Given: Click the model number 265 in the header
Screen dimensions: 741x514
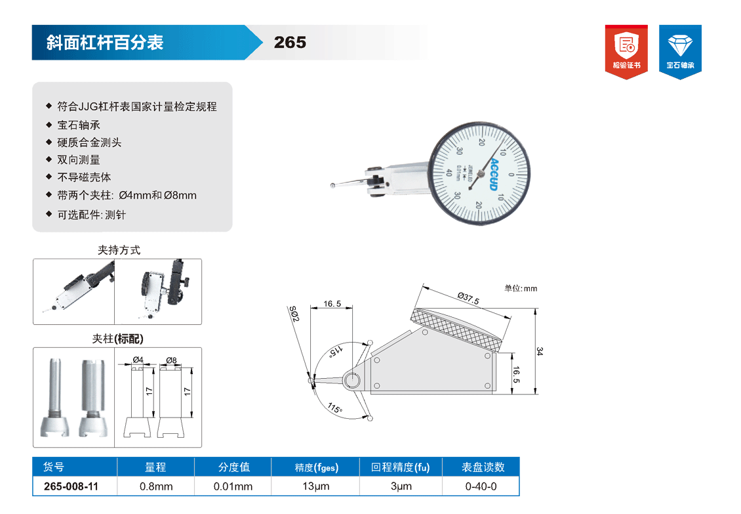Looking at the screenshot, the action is coord(290,43).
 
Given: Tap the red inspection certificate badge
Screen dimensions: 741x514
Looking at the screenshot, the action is coord(626,52).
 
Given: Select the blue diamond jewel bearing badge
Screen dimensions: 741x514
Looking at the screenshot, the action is coord(680,52).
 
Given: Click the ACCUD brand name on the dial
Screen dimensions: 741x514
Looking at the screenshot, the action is coord(494,174).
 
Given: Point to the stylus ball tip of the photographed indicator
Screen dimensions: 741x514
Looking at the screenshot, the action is coord(332,186).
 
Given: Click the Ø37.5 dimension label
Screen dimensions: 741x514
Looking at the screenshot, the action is coord(468,298).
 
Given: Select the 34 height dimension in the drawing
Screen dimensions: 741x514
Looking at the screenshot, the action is coord(540,351).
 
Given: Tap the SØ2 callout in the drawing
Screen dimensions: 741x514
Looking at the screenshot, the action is coord(294,314).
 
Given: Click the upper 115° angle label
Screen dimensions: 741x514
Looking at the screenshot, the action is coord(336,351).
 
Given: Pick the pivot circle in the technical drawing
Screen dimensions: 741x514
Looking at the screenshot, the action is coord(351,380).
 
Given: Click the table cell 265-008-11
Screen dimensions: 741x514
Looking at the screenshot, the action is coord(71,486).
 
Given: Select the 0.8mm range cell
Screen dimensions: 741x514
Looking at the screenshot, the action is coord(156,486).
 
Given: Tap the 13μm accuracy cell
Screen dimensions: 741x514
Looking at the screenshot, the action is coord(315,486).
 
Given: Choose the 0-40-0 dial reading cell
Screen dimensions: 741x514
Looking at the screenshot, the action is coord(481,486).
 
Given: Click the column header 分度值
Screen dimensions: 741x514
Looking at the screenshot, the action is coord(233,467).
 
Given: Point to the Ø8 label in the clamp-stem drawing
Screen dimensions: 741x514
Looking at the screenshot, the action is coord(171,360).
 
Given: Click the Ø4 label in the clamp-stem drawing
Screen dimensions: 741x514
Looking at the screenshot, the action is coord(138,360).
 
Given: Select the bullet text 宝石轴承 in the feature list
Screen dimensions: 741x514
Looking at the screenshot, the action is coord(79,125).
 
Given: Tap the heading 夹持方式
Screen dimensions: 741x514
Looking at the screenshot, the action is coord(119,250).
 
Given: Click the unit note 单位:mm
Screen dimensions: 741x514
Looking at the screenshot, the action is coord(521,288).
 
